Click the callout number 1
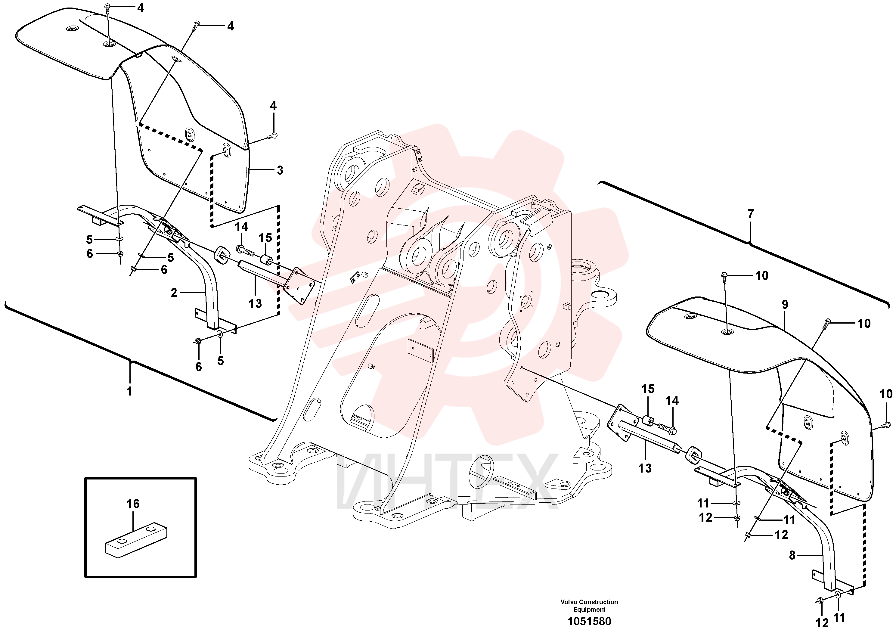point(129,391)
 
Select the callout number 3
point(280,170)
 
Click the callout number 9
point(785,305)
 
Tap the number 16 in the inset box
point(133,504)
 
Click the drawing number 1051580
point(589,621)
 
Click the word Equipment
point(589,609)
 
